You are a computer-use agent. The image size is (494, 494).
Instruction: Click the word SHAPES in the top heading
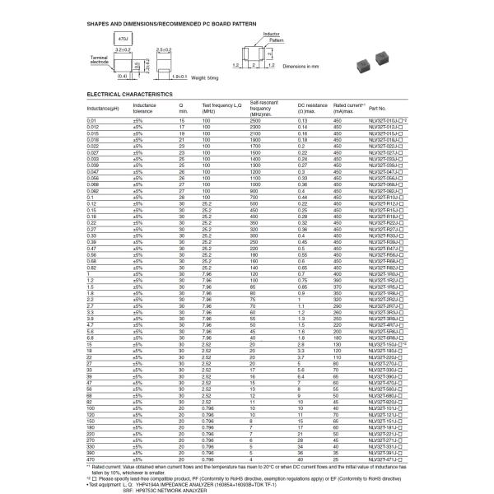(x=99, y=24)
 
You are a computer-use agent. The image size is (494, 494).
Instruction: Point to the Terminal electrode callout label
(x=99, y=59)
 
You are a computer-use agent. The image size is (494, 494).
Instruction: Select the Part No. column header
(x=377, y=108)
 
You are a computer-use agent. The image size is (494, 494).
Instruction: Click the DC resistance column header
(x=312, y=108)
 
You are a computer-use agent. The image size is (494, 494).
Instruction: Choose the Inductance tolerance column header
(x=145, y=108)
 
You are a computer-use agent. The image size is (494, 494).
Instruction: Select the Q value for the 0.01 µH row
(x=181, y=120)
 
